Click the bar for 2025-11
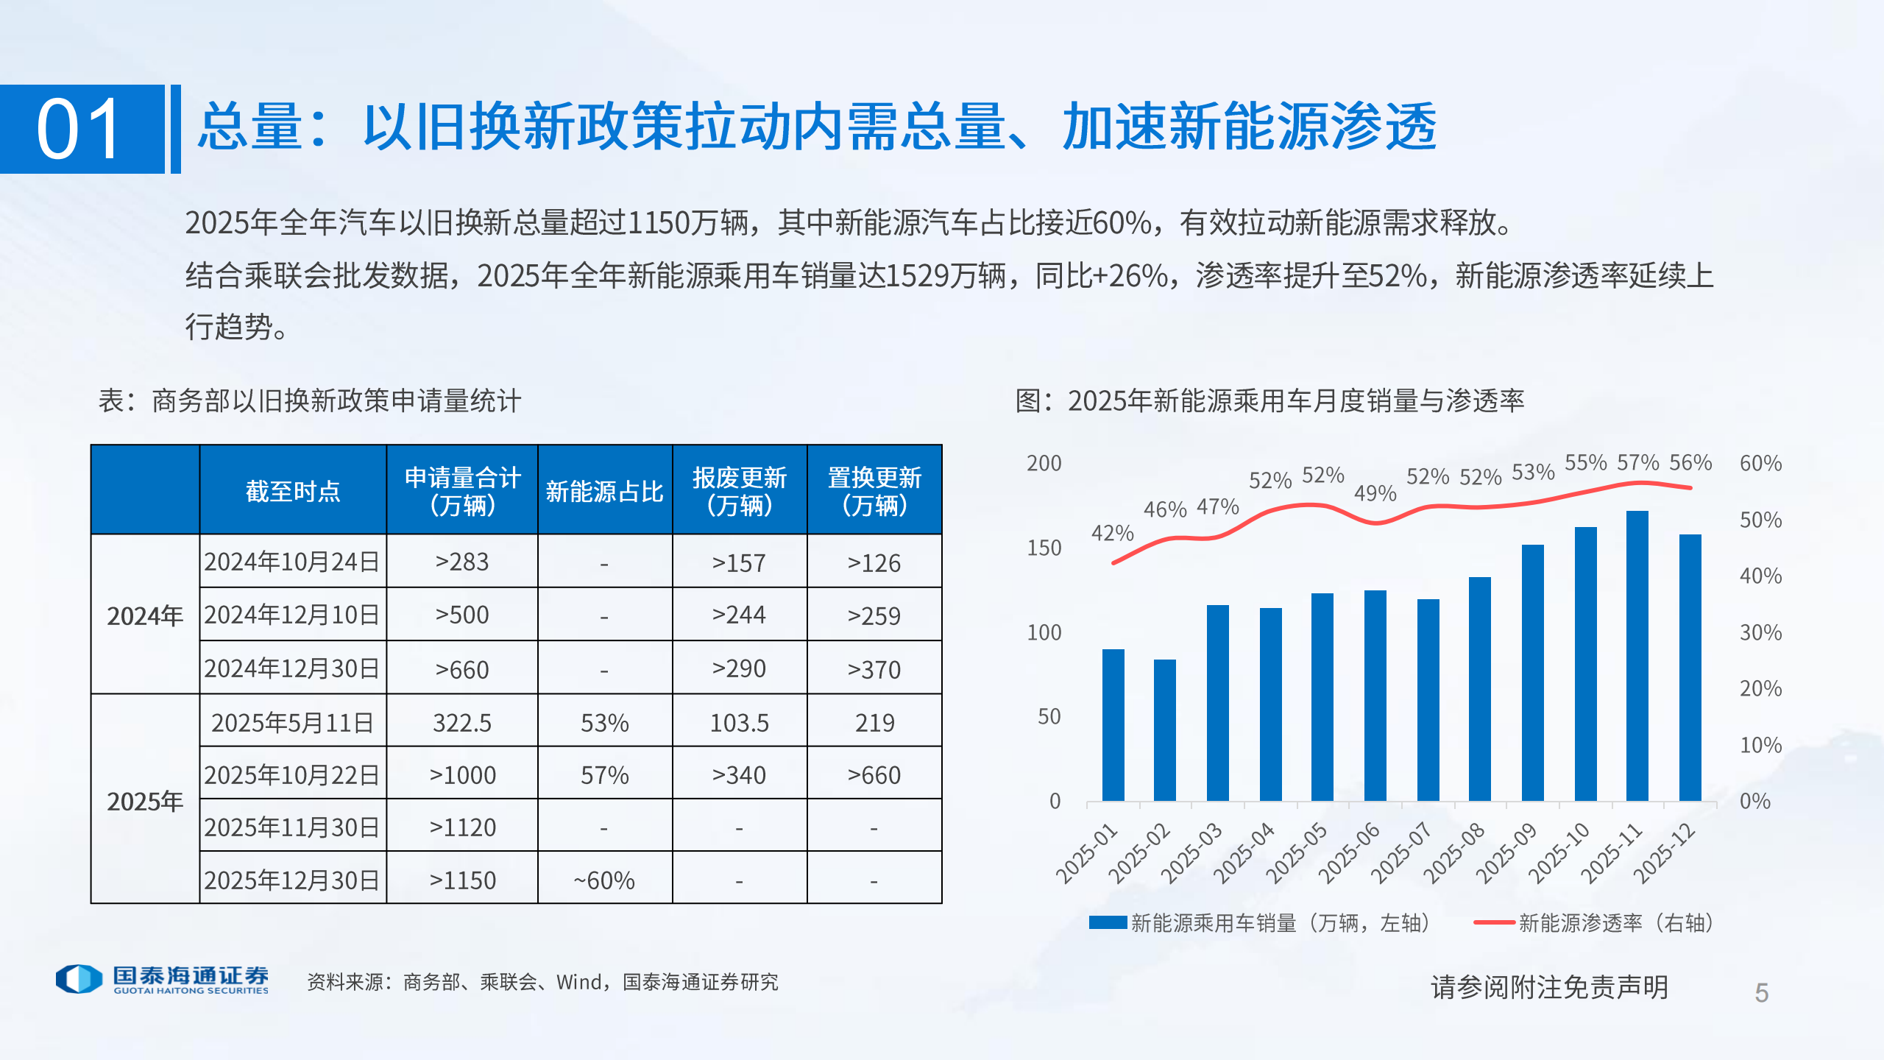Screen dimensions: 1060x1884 coord(1637,655)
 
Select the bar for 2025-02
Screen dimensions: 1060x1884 coord(1165,729)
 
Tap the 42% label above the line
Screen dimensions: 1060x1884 coord(1112,532)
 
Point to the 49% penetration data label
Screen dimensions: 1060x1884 coord(1375,493)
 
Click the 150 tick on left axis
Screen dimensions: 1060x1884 coord(1044,548)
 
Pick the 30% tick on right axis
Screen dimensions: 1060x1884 coord(1760,632)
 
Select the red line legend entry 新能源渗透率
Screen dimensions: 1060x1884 coord(1593,922)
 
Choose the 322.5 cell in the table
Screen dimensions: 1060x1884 coord(461,722)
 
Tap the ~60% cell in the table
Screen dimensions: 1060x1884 coord(604,880)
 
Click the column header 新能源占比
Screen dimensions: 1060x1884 coord(604,491)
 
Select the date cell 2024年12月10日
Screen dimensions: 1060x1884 coord(292,615)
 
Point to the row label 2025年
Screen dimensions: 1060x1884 coord(145,801)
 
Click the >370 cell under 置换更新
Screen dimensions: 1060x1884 coord(874,669)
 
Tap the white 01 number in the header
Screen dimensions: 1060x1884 coord(79,130)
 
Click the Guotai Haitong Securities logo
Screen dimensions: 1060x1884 coord(162,979)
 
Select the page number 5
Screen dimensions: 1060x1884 coord(1761,993)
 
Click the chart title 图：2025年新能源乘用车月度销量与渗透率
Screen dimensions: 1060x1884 coord(1269,400)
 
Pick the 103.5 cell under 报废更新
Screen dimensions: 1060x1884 coord(739,722)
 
